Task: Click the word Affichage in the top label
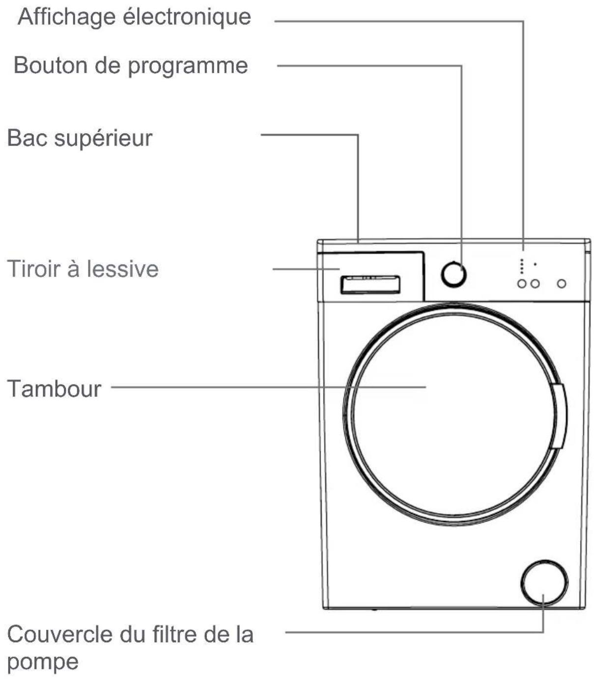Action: point(67,17)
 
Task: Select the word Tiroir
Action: point(31,269)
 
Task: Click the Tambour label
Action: point(54,389)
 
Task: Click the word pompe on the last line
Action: point(43,662)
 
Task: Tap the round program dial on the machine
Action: point(453,274)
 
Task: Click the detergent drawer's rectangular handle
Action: point(370,285)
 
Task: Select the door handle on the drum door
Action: point(559,416)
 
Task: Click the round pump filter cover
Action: point(543,583)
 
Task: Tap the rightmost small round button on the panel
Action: point(562,284)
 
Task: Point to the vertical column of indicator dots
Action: point(522,266)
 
